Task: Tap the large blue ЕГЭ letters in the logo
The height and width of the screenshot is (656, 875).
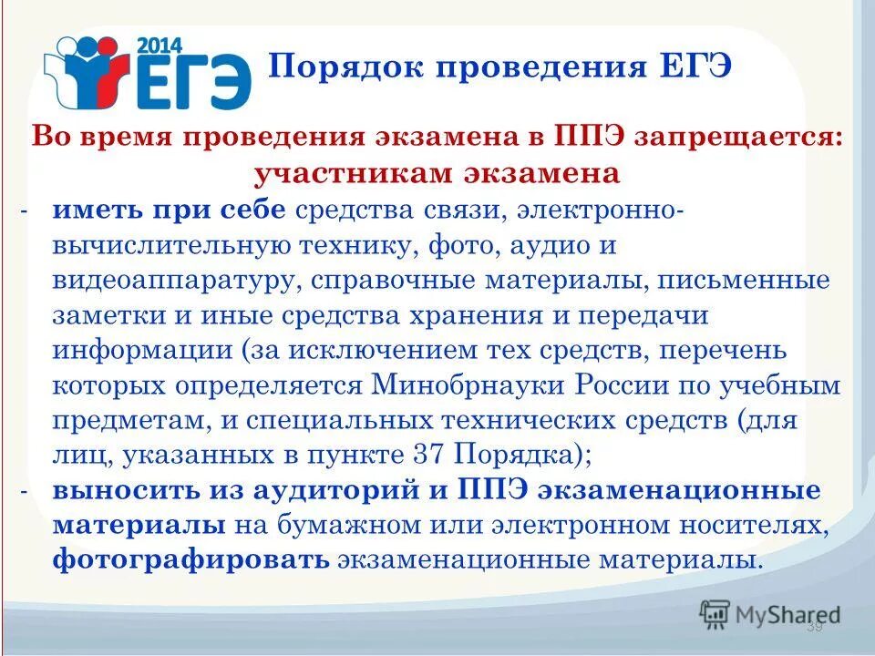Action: click(x=192, y=82)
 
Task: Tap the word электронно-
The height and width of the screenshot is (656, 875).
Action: click(x=597, y=210)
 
